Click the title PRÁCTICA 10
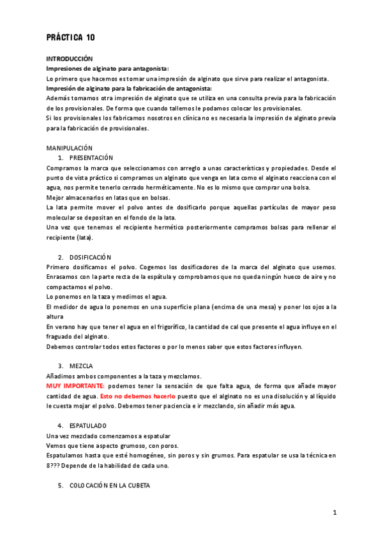coord(71,38)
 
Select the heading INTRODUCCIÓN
coord(70,58)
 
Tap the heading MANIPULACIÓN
coord(70,147)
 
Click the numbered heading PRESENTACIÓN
coord(91,158)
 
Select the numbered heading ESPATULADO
coord(88,426)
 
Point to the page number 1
coord(334,512)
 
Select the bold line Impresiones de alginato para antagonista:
coord(107,68)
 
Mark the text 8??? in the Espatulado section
coord(55,465)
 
